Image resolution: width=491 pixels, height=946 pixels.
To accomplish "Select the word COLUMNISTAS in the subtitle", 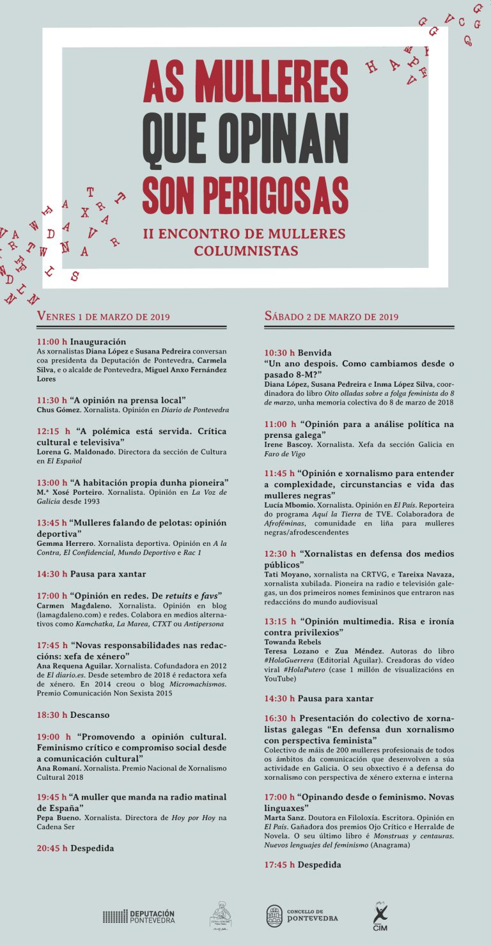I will point(246,251).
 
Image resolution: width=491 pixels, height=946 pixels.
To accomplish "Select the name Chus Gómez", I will point(59,410).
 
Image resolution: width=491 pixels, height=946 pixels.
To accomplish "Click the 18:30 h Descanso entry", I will point(73,715).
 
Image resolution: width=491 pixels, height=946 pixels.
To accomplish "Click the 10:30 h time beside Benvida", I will point(279,352).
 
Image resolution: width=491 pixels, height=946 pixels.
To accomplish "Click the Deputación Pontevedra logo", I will point(139,916).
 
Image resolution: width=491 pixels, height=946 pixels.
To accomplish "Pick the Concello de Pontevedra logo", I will point(302,916).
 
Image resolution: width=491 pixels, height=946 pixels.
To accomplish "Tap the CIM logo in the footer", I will point(380,915).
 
